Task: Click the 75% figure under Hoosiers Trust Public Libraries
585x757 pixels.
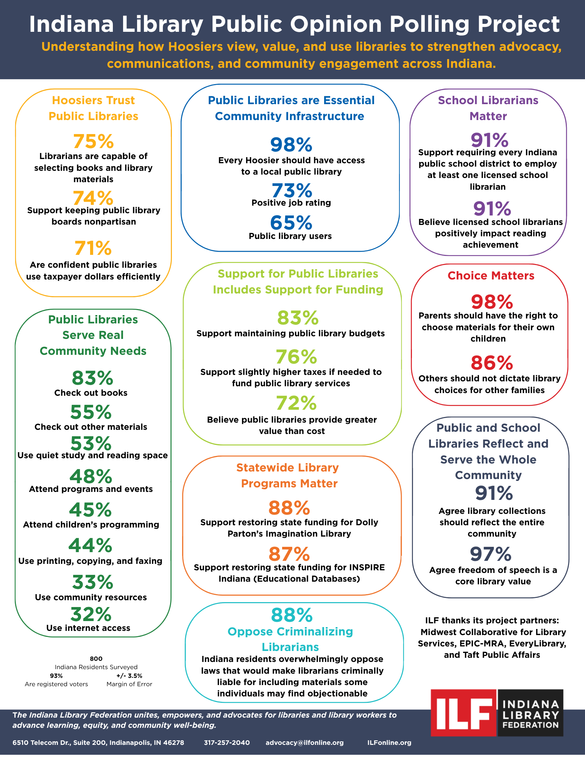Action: [x=93, y=141]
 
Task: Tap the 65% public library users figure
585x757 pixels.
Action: [x=291, y=223]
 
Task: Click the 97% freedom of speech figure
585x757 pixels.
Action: [x=490, y=554]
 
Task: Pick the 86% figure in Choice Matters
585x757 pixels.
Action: [x=492, y=362]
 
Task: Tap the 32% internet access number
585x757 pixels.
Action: [x=90, y=614]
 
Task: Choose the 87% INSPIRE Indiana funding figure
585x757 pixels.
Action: [x=289, y=554]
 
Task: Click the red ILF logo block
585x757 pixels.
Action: [x=464, y=712]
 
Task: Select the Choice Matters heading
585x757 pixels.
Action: [x=491, y=276]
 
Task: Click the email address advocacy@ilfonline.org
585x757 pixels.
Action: [x=305, y=743]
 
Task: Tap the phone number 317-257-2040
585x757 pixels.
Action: [x=227, y=743]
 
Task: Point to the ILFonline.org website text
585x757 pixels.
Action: [x=389, y=743]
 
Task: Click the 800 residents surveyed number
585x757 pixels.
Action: [x=96, y=659]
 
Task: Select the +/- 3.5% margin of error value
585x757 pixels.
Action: [x=129, y=676]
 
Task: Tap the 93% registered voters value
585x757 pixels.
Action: [x=56, y=676]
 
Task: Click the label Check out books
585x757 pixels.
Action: [x=91, y=393]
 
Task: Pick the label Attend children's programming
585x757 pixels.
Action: [x=91, y=524]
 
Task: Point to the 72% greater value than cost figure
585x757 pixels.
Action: [x=296, y=403]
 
